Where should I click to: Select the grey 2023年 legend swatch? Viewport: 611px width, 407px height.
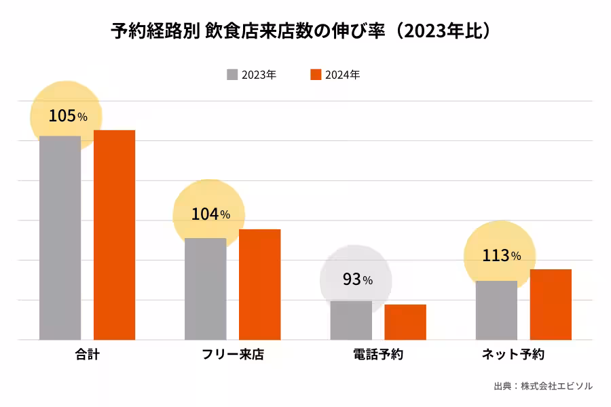click(x=232, y=75)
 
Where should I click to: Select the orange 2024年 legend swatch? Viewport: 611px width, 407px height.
click(x=315, y=75)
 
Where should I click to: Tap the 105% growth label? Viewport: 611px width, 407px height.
click(x=67, y=116)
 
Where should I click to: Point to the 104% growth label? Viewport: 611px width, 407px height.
click(x=210, y=214)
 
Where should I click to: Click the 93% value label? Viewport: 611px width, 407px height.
click(x=357, y=279)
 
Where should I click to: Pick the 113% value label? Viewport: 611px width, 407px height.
click(x=501, y=256)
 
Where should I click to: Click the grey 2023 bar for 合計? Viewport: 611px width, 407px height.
click(x=60, y=237)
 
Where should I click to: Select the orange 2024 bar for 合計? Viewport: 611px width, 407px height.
click(x=114, y=234)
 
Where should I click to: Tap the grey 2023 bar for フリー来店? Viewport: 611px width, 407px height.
click(x=205, y=288)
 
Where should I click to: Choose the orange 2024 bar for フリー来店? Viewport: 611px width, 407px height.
click(x=259, y=284)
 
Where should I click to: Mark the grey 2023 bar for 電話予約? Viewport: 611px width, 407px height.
click(x=351, y=320)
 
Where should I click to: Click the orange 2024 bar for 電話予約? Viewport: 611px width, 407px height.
click(x=405, y=322)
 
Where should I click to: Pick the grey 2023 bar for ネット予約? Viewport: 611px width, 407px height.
click(x=496, y=310)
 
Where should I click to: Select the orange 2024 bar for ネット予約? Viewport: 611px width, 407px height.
click(x=551, y=304)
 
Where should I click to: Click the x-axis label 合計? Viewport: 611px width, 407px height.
click(x=87, y=355)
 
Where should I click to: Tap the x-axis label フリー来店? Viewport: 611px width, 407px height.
click(x=233, y=355)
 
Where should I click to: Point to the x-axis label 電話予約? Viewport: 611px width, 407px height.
click(x=378, y=355)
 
